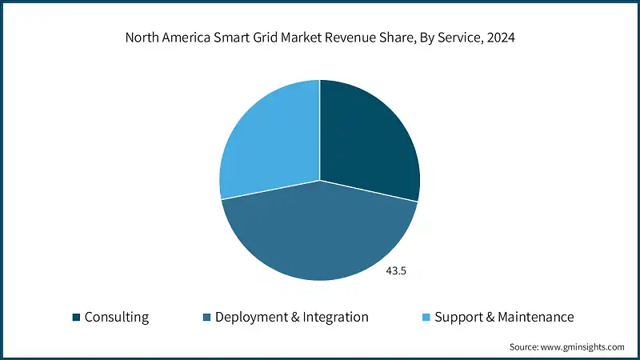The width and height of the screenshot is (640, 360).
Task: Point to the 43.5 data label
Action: (x=397, y=271)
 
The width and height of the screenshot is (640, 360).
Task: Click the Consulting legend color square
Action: (x=76, y=318)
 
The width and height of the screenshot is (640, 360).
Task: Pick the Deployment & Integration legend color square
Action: (x=206, y=318)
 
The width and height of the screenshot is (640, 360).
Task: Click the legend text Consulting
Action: (x=117, y=317)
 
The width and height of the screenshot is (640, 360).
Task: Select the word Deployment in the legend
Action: (x=252, y=317)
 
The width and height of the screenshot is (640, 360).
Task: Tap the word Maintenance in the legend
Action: (x=535, y=317)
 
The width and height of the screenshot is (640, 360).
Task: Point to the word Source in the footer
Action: (x=523, y=347)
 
